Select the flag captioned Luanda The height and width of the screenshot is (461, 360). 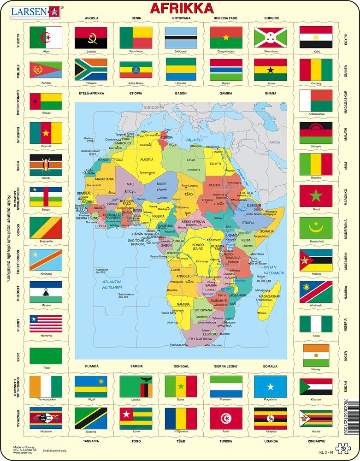91,37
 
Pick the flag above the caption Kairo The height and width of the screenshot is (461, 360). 316,37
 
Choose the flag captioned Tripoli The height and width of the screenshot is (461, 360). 46,355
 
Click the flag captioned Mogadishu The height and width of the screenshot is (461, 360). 271,386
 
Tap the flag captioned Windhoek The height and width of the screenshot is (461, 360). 316,291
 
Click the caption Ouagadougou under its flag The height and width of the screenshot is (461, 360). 226,51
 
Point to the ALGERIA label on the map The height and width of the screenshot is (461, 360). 146,159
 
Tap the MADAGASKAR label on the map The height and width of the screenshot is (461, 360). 270,296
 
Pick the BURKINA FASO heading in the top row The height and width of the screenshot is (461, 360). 225,18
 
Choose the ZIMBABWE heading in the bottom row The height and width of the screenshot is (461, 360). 316,441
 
